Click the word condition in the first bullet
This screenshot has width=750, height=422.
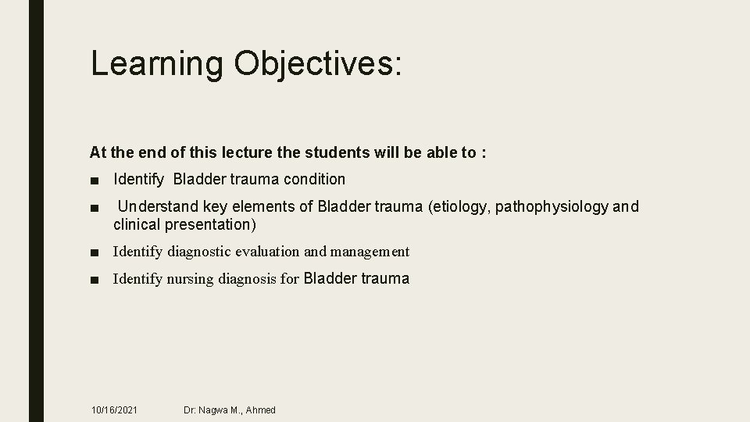[314, 179]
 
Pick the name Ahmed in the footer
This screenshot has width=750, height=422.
[260, 409]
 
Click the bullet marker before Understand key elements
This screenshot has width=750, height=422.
[94, 208]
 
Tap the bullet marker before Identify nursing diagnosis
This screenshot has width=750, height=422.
[94, 280]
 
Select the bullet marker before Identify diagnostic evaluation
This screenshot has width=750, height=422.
[94, 252]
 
